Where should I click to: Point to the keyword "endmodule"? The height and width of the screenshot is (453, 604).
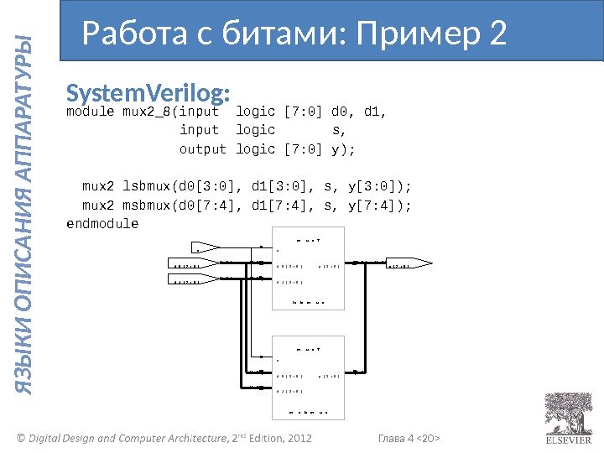tap(102, 224)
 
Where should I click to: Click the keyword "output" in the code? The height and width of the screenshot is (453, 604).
tap(203, 148)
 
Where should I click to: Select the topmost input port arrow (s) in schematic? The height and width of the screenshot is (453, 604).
tap(206, 247)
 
